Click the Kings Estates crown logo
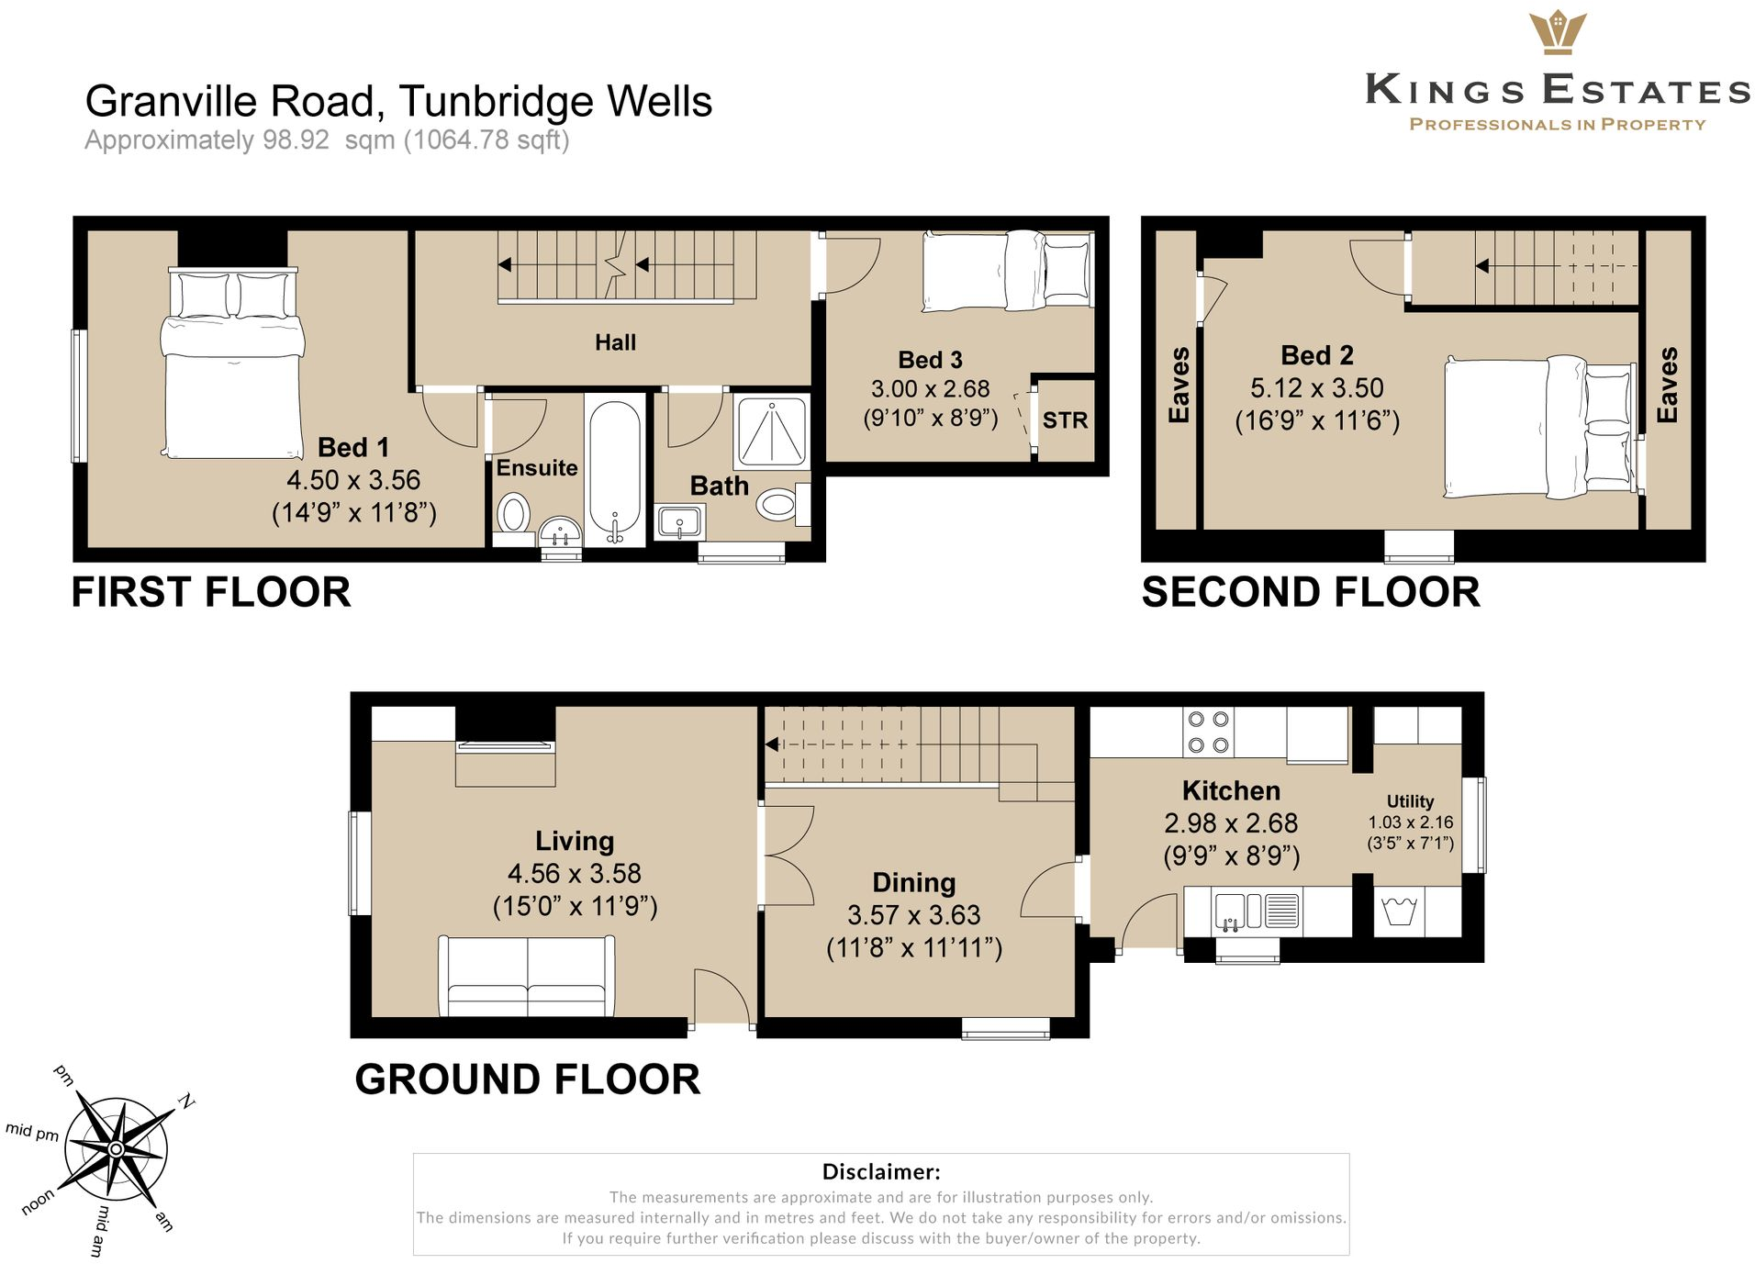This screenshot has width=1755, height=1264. pos(1557,33)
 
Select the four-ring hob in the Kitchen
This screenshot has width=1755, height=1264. pos(1208,732)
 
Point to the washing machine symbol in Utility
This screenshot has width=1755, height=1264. pos(1399,912)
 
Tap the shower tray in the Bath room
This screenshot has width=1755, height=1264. pos(772,431)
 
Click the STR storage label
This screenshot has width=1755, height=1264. pos(1065,420)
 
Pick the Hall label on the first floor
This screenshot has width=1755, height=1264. pos(615,342)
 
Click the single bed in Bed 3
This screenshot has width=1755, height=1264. pos(1008,271)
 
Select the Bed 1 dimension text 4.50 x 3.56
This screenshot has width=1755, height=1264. pos(353,480)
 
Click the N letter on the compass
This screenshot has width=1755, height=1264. pos(186,1101)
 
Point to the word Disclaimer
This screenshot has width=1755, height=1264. pos(880,1171)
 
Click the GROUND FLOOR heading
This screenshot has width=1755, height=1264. pos(527,1079)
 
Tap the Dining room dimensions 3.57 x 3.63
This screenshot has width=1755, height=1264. pos(913,915)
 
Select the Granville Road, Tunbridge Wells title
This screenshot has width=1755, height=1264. pos(398,101)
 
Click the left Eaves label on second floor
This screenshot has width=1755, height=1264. pos(1179,385)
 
